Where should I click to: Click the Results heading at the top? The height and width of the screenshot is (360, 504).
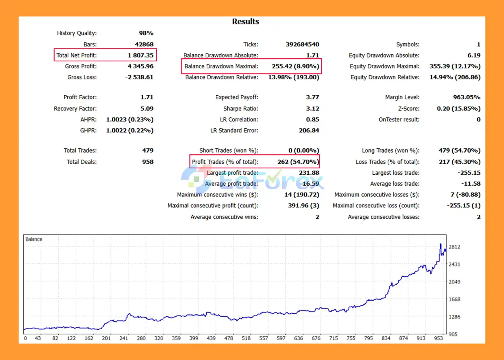(x=245, y=22)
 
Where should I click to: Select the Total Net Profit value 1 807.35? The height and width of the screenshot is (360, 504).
(x=141, y=55)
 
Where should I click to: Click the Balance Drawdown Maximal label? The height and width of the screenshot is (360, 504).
(x=221, y=66)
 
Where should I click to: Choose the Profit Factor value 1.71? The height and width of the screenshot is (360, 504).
(x=147, y=97)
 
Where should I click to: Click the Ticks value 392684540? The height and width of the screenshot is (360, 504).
(x=302, y=44)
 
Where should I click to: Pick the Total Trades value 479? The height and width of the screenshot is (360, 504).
(x=148, y=151)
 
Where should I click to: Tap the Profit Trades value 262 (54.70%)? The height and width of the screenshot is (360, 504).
(x=295, y=162)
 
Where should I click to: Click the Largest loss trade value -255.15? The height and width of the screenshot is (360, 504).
(x=469, y=173)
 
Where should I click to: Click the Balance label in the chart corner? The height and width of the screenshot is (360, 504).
(x=34, y=239)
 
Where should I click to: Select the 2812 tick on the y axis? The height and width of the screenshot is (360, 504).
(x=454, y=247)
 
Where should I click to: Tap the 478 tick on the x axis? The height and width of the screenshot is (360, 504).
(x=229, y=338)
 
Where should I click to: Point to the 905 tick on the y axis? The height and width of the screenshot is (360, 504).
(x=453, y=334)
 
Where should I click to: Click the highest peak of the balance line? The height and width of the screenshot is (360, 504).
(x=441, y=244)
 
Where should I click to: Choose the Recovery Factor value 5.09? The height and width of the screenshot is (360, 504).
(x=147, y=109)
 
